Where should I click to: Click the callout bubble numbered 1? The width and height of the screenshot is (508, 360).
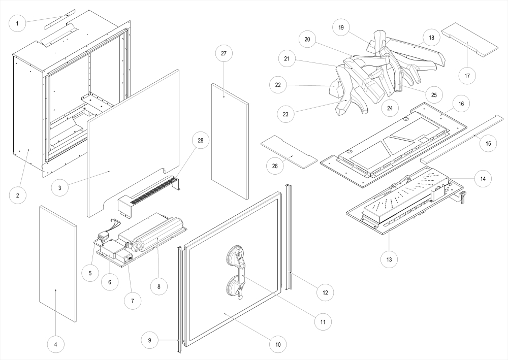click(x=17, y=23)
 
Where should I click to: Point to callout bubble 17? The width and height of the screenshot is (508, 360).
click(x=467, y=76)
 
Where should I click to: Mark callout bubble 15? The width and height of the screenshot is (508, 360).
click(x=488, y=143)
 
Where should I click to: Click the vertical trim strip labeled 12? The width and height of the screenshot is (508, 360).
click(x=290, y=236)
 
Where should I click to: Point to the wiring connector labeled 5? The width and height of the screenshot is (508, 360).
click(x=105, y=236)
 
